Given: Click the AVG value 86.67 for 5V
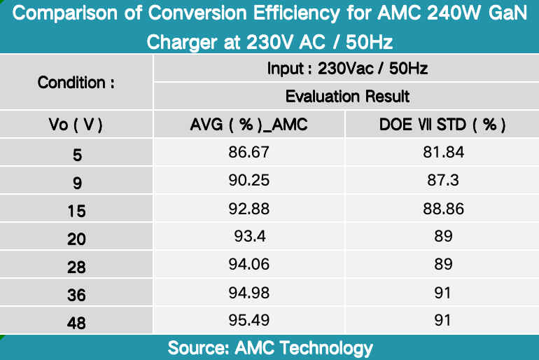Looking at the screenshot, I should (248, 152).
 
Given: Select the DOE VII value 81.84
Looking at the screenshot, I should (442, 152).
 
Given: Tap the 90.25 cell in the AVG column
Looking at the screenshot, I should (248, 180).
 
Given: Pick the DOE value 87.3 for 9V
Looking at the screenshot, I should (442, 180).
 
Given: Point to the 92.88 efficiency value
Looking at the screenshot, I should (248, 209).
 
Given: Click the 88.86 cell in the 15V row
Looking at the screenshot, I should (442, 209).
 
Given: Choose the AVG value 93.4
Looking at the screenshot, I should (248, 237).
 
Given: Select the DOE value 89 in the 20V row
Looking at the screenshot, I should (442, 237).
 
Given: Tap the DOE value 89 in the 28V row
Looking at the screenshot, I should (442, 265).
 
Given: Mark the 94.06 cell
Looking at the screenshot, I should (248, 265).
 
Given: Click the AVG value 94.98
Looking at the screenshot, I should (248, 293).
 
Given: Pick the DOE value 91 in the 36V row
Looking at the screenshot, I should (442, 293).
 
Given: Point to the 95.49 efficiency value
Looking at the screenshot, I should (248, 321).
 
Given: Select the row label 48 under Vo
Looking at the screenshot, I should (76, 323).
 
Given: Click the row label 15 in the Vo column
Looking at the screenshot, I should (76, 210).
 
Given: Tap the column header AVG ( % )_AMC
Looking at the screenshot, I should (248, 124).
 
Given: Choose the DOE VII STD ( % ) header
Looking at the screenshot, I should (442, 124).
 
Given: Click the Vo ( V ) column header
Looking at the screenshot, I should (76, 124).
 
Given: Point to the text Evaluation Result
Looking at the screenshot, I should (347, 96).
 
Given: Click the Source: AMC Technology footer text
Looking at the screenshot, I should (270, 347).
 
